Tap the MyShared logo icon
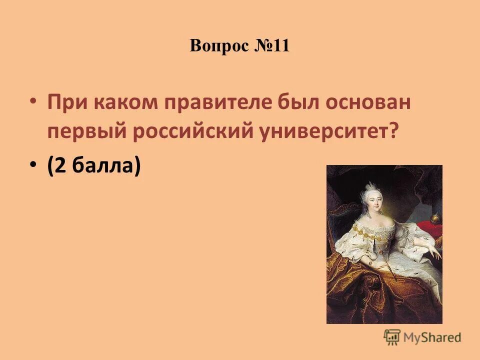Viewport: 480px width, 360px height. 392,336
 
